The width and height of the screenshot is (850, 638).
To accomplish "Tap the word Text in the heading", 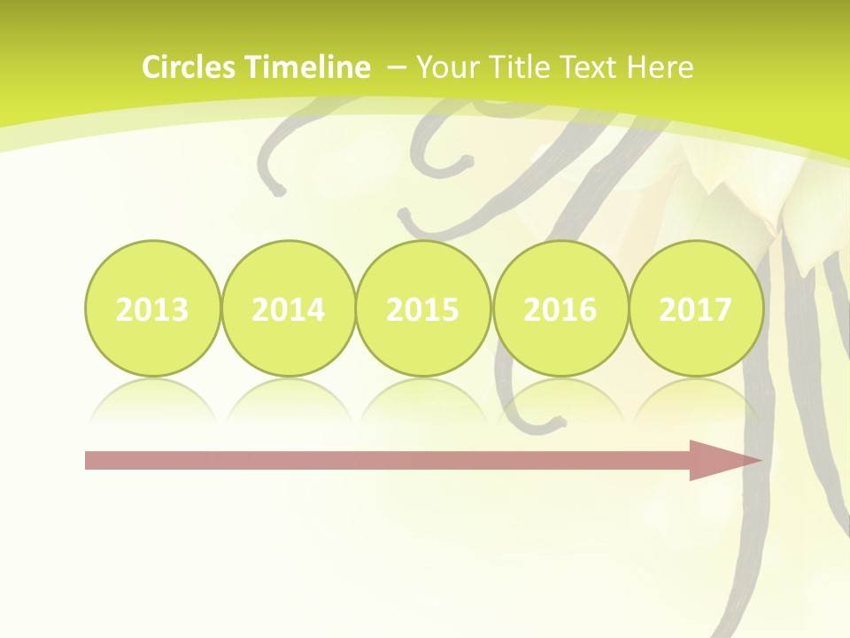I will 592,67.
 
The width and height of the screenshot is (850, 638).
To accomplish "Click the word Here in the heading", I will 661,67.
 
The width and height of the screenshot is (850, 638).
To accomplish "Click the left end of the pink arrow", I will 89,460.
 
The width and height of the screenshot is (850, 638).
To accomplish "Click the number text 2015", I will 423,310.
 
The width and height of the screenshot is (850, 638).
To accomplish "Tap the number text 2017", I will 696,310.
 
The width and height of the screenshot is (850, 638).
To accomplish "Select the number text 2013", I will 152,310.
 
